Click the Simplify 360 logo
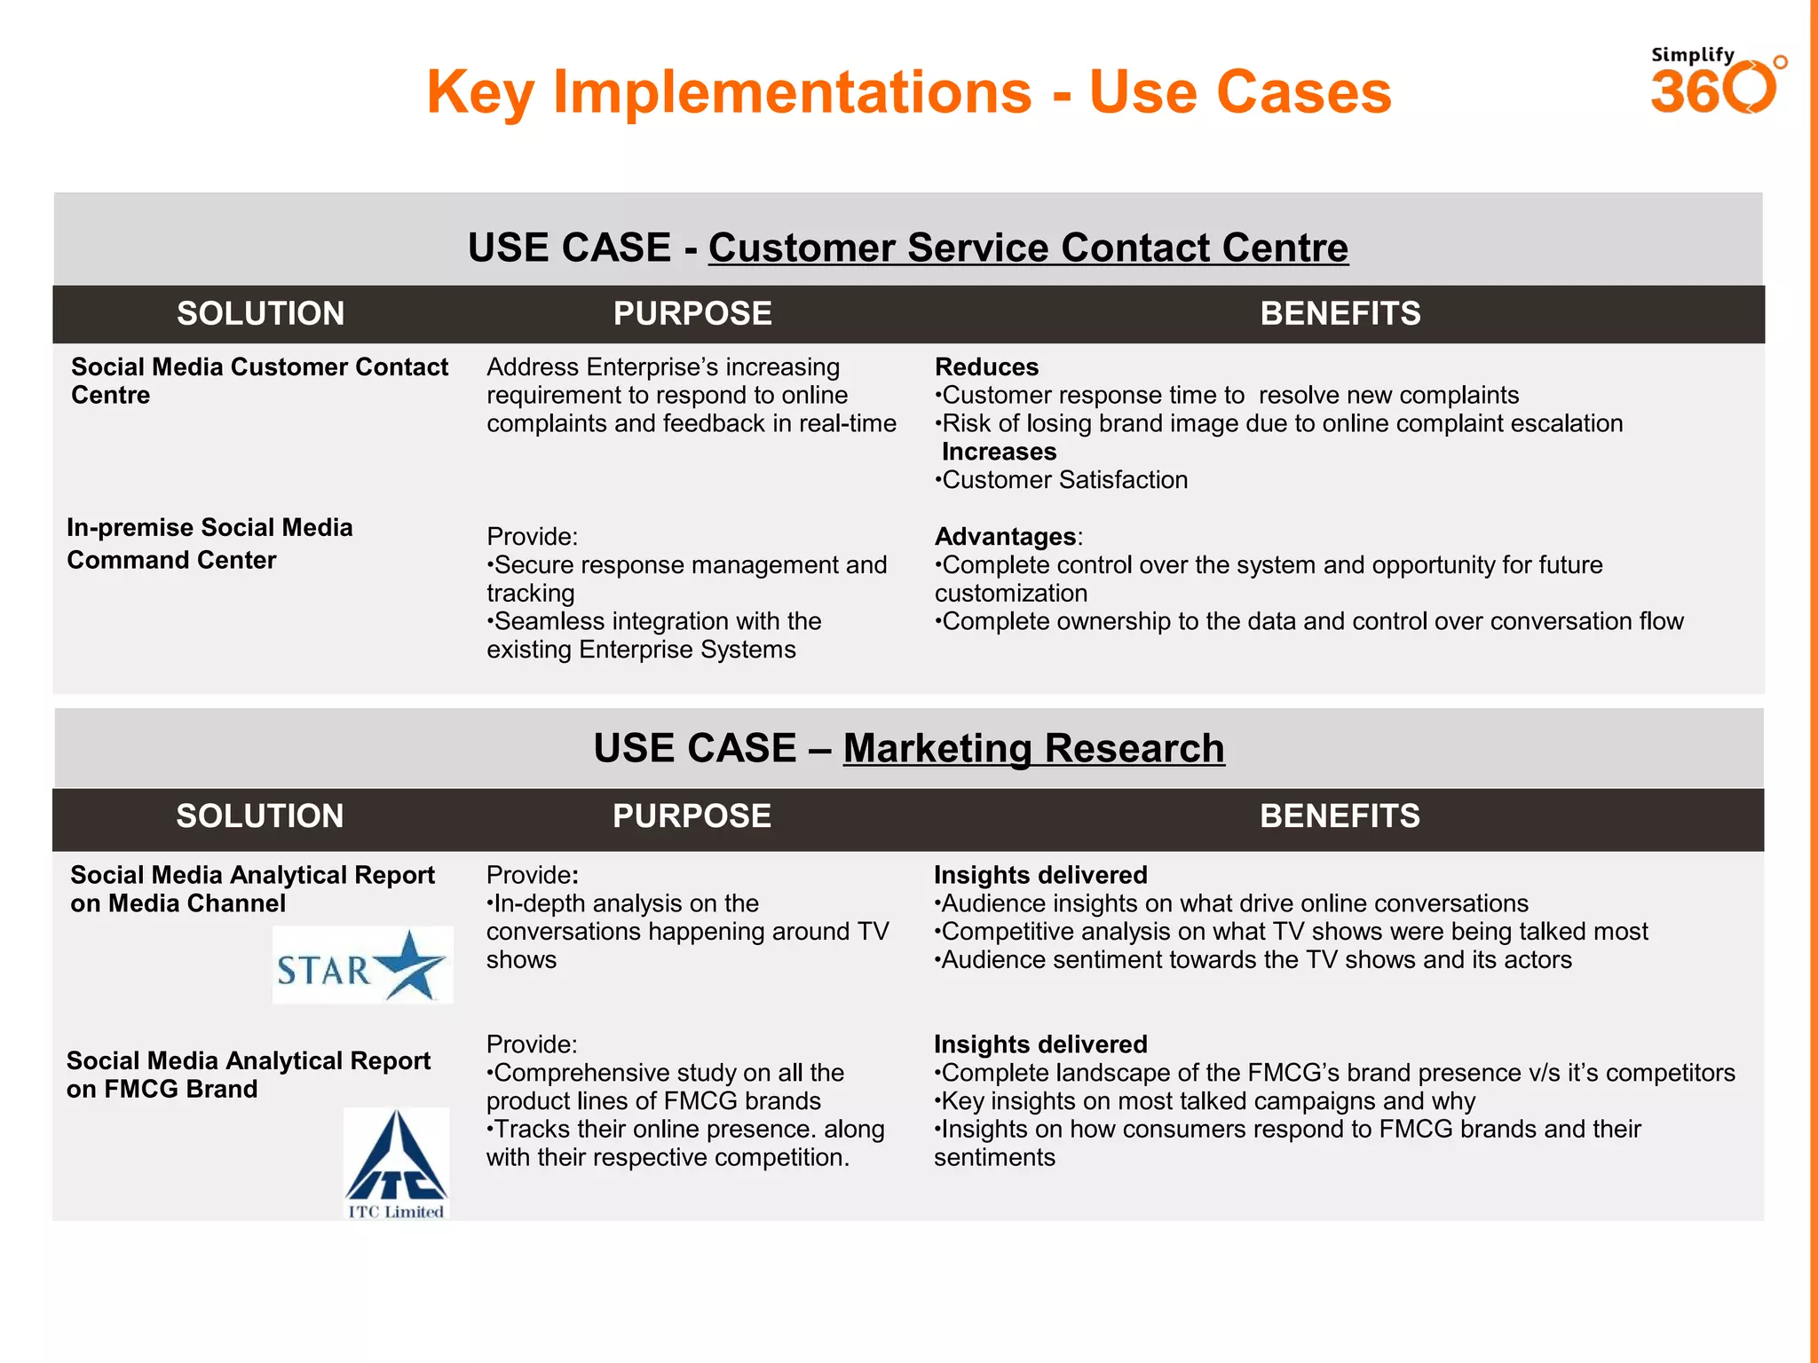[x=1716, y=82]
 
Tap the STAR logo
[x=362, y=965]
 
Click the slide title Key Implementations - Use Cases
[x=908, y=92]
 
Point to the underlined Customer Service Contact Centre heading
[x=1027, y=248]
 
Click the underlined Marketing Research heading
[x=1033, y=748]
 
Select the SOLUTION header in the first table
[x=260, y=314]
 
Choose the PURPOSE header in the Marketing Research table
[x=692, y=816]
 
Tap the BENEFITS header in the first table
[x=1340, y=314]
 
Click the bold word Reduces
[x=986, y=367]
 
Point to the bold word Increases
[x=999, y=452]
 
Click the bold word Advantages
[x=1005, y=537]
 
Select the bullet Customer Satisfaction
[x=1062, y=480]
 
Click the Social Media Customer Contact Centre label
[x=259, y=381]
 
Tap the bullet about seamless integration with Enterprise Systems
[x=654, y=635]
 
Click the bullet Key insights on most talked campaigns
[x=1205, y=1101]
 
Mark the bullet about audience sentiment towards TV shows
[x=1253, y=960]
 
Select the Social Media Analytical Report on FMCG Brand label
[x=248, y=1075]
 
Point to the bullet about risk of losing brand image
[x=1278, y=423]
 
